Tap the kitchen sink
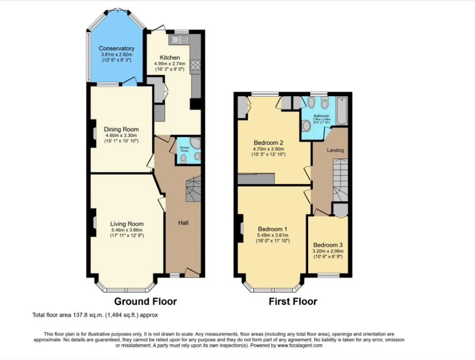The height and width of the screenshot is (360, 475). click(x=175, y=40)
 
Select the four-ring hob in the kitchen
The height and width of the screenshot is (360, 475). click(x=195, y=66)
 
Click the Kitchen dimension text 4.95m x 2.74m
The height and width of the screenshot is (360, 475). click(x=170, y=64)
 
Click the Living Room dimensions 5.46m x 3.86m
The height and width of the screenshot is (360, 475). click(x=127, y=230)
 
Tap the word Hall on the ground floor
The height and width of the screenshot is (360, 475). click(x=183, y=222)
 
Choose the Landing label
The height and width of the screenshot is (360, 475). click(x=335, y=150)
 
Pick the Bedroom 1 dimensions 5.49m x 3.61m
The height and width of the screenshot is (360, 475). click(x=273, y=235)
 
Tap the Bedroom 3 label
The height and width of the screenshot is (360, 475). click(x=328, y=245)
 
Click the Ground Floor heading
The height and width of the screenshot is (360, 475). click(x=145, y=301)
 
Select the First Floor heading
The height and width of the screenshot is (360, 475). click(x=293, y=301)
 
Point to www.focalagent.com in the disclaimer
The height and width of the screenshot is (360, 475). click(x=300, y=346)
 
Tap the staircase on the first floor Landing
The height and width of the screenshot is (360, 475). click(x=341, y=180)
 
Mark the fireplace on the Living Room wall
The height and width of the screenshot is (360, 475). click(x=94, y=223)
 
